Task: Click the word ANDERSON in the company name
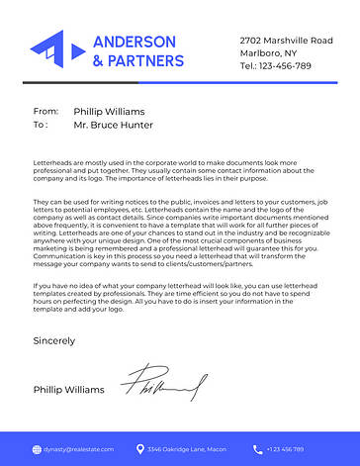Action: click(x=135, y=42)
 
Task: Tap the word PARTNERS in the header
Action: click(x=146, y=60)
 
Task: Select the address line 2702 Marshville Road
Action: click(x=286, y=41)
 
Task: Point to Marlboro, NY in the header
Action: click(x=268, y=52)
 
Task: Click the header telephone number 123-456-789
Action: click(x=286, y=65)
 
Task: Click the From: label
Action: click(x=45, y=112)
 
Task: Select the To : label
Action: click(x=41, y=126)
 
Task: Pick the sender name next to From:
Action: click(x=109, y=112)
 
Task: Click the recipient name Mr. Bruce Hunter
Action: click(x=114, y=126)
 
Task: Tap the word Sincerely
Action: click(x=53, y=340)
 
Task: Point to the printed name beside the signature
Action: click(x=68, y=390)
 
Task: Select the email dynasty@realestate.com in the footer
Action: click(x=76, y=449)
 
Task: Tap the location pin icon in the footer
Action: click(x=140, y=449)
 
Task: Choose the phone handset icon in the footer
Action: click(x=257, y=449)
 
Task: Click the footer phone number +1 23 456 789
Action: click(x=287, y=449)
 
